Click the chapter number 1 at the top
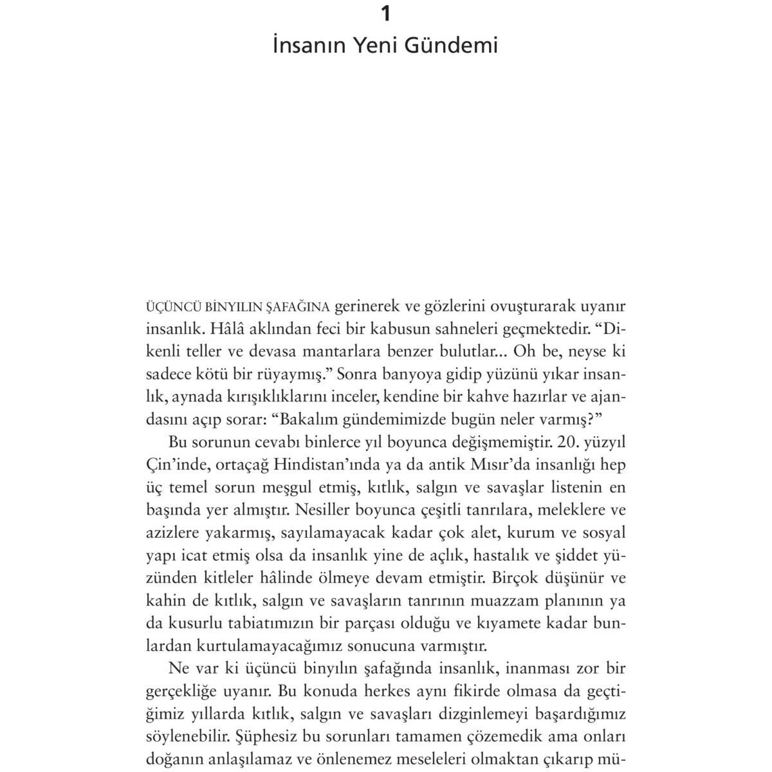coord(385,14)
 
